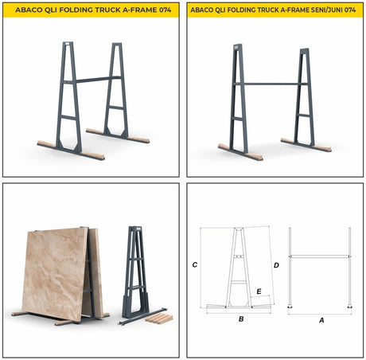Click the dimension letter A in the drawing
(x=321, y=319)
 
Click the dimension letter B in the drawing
(x=240, y=319)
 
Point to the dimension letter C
(x=195, y=264)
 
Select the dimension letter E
(x=259, y=292)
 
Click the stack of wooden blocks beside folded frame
(x=160, y=318)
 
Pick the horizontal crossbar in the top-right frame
(x=271, y=84)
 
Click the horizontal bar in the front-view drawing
(x=321, y=256)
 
